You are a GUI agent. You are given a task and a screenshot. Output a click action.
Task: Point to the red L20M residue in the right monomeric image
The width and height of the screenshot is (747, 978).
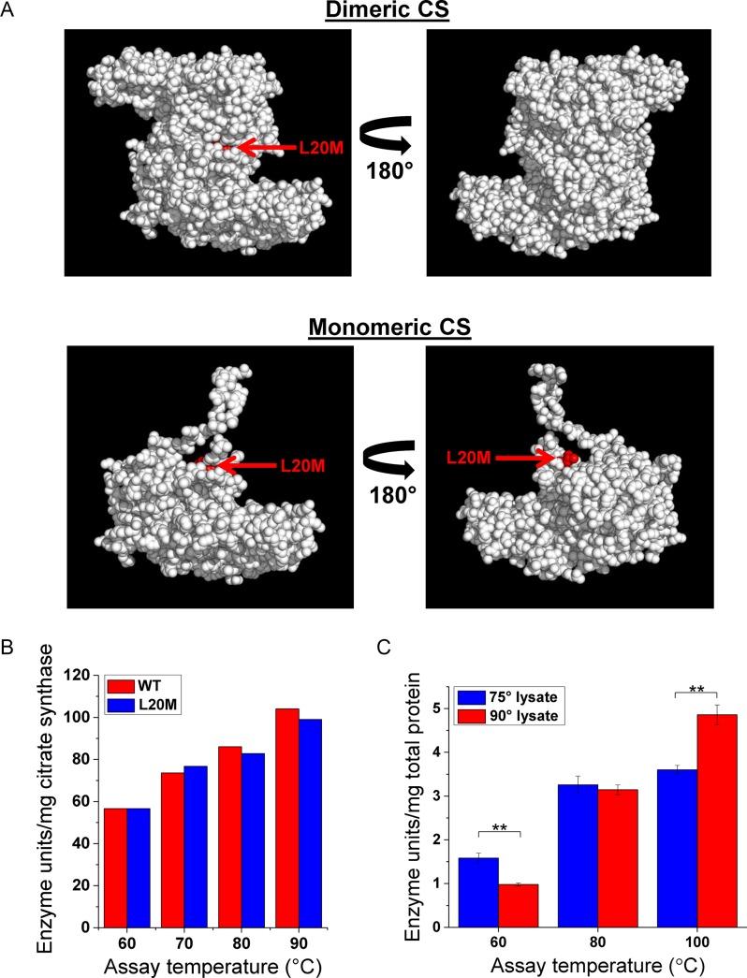coord(566,459)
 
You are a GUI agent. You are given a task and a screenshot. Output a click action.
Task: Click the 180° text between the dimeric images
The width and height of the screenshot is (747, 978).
coord(388,174)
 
